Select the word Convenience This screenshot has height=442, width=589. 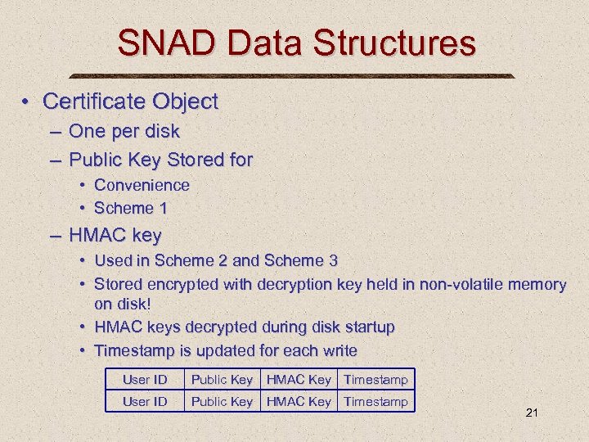tap(142, 185)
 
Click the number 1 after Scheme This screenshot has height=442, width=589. tap(163, 208)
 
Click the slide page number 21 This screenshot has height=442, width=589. tap(532, 413)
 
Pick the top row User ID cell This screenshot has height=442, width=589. tap(145, 380)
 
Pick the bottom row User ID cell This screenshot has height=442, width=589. tap(145, 401)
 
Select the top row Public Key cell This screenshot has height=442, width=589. tap(221, 380)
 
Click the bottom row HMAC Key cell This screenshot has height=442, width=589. tap(299, 401)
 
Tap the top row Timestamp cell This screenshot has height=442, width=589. tap(375, 380)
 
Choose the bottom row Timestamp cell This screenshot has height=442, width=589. tap(375, 401)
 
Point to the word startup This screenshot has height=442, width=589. tap(363, 327)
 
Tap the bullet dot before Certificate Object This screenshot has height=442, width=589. tap(27, 101)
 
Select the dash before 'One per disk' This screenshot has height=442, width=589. tap(54, 131)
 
